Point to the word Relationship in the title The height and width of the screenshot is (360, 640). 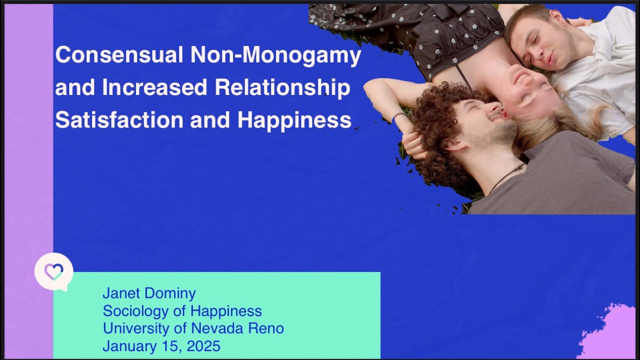[x=282, y=88]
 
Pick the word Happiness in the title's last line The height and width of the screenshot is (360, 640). [x=294, y=120]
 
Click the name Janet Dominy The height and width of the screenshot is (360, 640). [x=149, y=293]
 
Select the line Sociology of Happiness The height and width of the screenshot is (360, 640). [x=182, y=311]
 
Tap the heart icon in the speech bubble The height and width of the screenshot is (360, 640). [x=53, y=271]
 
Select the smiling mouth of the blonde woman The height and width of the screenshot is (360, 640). [x=521, y=78]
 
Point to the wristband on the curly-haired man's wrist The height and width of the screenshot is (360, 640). [x=398, y=118]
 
